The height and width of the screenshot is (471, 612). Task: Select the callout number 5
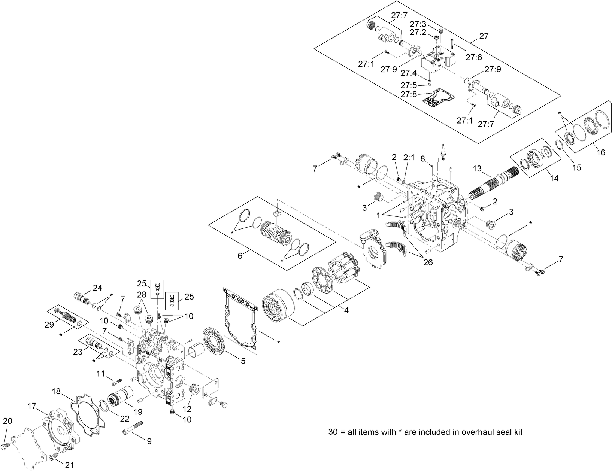[243, 361]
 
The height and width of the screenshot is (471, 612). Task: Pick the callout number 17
[32, 406]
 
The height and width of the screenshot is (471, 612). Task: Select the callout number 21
[69, 465]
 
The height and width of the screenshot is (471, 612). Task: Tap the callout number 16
[600, 153]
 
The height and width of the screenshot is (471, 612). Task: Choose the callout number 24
[97, 288]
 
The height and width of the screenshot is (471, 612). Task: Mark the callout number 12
[187, 408]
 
